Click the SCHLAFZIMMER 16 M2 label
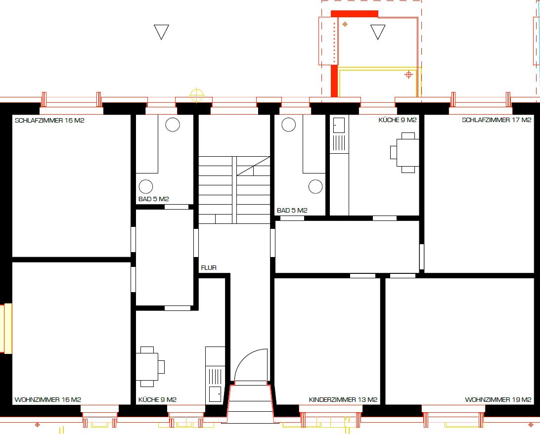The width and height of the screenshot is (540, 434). point(49,121)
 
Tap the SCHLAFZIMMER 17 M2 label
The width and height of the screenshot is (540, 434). point(496,120)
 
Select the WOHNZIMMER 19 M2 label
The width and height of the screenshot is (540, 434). point(498,399)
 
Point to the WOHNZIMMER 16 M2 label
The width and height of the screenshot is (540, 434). point(48,399)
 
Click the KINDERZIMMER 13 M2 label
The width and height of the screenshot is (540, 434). point(343,399)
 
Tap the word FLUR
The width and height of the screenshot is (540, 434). point(209,268)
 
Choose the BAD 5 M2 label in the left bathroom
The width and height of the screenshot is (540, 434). point(154,199)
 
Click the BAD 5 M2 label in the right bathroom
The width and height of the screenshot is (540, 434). point(292,210)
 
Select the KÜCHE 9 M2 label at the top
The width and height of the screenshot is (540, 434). point(398,120)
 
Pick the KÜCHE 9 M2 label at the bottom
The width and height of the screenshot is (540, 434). point(157,399)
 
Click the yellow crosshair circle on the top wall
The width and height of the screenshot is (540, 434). point(197,95)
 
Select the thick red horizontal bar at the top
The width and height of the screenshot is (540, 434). point(355,14)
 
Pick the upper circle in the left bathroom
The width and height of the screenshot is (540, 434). point(173,125)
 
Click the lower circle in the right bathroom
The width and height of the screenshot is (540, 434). point(315,187)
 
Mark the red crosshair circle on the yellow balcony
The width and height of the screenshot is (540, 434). point(408,74)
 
